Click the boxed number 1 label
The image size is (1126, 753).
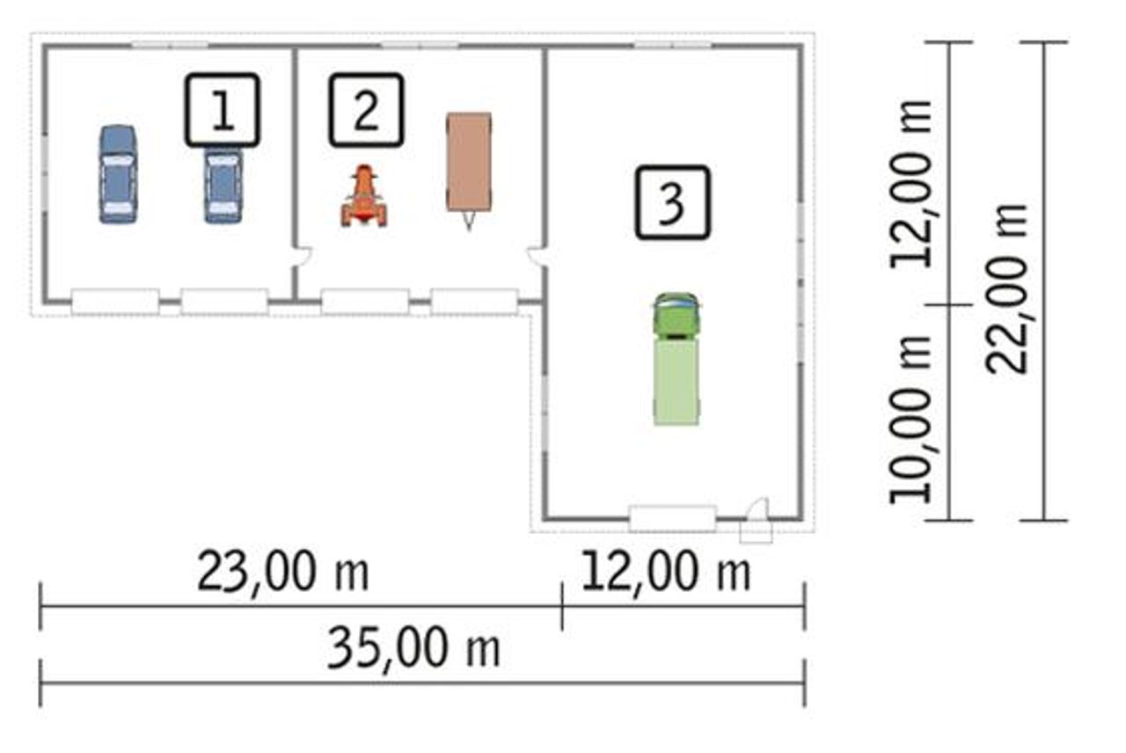pyautogui.click(x=223, y=110)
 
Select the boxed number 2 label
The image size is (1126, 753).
pyautogui.click(x=367, y=110)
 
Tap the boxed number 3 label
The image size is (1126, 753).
pyautogui.click(x=673, y=202)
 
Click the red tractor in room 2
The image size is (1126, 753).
pyautogui.click(x=364, y=196)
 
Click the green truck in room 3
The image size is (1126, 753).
pyautogui.click(x=676, y=359)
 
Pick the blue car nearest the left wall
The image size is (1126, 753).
pyautogui.click(x=118, y=174)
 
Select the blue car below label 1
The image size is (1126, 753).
pyautogui.click(x=223, y=185)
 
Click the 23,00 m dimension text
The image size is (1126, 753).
pyautogui.click(x=283, y=572)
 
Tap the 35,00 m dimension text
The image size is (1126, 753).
pyautogui.click(x=413, y=648)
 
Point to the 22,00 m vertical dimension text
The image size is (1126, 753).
pyautogui.click(x=1006, y=289)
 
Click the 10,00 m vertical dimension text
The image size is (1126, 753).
pyautogui.click(x=910, y=420)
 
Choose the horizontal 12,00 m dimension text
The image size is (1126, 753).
pyautogui.click(x=666, y=572)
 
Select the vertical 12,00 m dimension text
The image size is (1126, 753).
pyautogui.click(x=910, y=185)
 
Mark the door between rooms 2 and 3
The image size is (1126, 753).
pyautogui.click(x=537, y=256)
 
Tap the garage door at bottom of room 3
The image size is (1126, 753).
pyautogui.click(x=673, y=518)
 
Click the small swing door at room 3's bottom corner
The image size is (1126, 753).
pyautogui.click(x=756, y=520)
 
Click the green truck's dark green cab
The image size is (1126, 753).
pyautogui.click(x=676, y=315)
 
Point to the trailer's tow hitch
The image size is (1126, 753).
pyautogui.click(x=469, y=221)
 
